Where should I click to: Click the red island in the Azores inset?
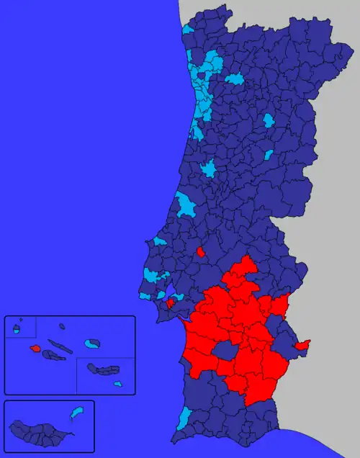coord(35,349)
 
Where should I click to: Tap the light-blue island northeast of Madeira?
coord(76,413)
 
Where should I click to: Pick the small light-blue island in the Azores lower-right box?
coord(119,384)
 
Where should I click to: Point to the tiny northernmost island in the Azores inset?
coord(21,320)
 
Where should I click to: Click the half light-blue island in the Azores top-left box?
coord(16,330)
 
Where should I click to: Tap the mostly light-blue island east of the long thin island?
coord(92,343)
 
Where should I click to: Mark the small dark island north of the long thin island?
coord(63,326)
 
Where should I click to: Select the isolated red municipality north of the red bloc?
coord(200,252)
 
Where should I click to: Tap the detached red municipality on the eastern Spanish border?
coord(302,345)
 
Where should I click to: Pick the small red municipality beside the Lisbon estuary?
coord(171,303)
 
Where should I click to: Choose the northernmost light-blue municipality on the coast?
coord(187,30)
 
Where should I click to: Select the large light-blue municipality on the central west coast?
coord(187,205)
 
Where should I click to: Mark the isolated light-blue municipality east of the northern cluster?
coord(235,78)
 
